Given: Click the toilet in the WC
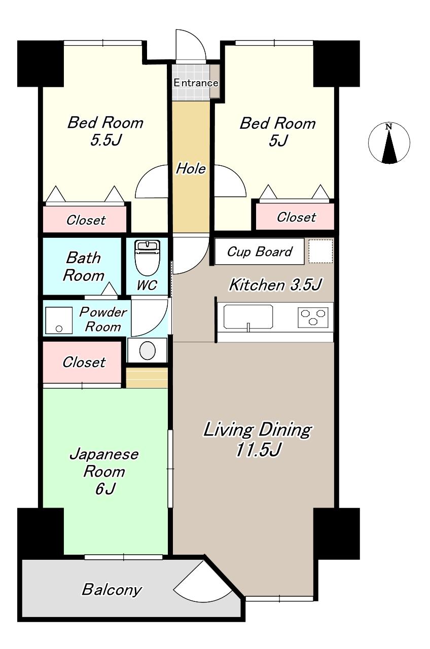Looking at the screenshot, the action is (x=147, y=257).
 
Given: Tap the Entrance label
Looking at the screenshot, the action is (x=196, y=83).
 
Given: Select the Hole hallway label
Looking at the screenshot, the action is (x=191, y=168).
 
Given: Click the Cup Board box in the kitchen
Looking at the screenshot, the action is (x=259, y=251).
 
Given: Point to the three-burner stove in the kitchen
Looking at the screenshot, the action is (x=313, y=317).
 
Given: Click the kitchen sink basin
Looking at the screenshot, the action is (x=248, y=317).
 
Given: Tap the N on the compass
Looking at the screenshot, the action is (x=389, y=126).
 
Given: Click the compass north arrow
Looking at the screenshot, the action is (x=389, y=147).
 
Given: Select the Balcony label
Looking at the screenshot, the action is (x=112, y=589).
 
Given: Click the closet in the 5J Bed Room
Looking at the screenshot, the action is (x=295, y=217).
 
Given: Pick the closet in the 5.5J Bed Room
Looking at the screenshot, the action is (x=85, y=219).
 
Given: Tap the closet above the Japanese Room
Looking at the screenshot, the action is (x=82, y=362).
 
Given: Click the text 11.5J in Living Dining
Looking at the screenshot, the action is (x=258, y=450).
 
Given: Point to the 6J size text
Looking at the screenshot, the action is (x=105, y=489).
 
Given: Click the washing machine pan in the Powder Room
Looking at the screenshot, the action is (x=59, y=320).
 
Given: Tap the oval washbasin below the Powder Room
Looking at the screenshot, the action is (x=147, y=350).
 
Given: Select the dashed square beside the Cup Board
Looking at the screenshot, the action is (x=320, y=251).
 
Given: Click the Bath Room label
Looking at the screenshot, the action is (x=84, y=266).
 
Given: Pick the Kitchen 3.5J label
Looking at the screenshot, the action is (x=275, y=284).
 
